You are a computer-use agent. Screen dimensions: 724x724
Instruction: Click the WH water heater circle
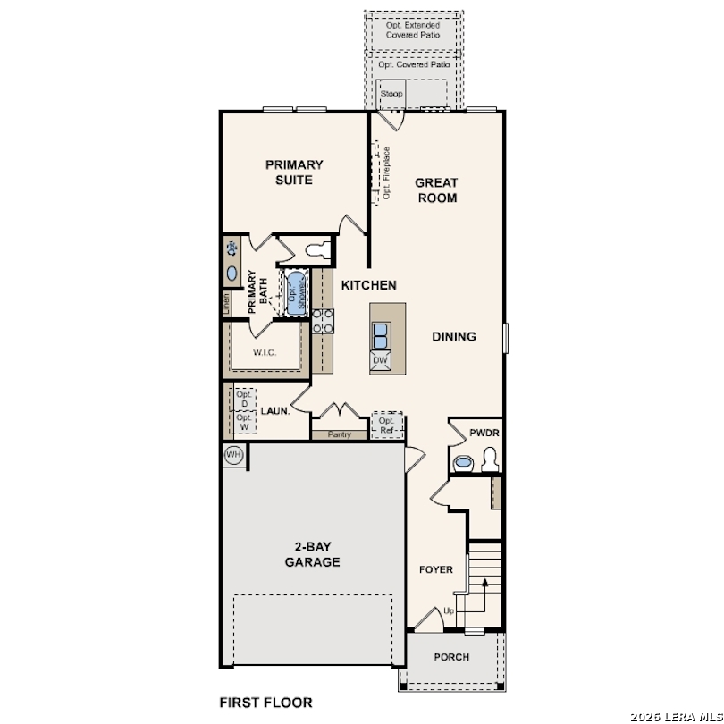click(x=233, y=455)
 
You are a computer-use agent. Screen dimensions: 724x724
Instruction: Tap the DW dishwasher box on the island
click(x=380, y=360)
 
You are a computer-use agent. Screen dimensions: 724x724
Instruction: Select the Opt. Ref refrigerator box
click(x=387, y=425)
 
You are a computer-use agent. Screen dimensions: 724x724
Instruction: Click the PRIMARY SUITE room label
click(x=294, y=173)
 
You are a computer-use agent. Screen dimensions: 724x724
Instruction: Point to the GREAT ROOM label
click(x=436, y=190)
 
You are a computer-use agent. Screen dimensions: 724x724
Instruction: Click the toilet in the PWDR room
click(x=489, y=460)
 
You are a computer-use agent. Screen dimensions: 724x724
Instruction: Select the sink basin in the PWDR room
click(x=463, y=462)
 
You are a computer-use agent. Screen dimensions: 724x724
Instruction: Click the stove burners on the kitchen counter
click(x=323, y=321)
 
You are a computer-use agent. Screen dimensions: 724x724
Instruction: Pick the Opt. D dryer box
click(x=245, y=400)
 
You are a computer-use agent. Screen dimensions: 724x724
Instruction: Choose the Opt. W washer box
click(x=245, y=422)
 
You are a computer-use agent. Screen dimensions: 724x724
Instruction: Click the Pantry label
click(x=340, y=434)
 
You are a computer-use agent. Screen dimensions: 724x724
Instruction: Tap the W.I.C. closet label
click(x=265, y=353)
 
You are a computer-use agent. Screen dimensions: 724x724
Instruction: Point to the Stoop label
click(x=391, y=94)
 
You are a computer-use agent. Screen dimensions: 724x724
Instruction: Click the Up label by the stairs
click(x=449, y=611)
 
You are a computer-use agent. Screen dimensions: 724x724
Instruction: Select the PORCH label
click(x=451, y=657)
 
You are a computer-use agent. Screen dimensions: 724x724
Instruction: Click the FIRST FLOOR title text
click(x=266, y=703)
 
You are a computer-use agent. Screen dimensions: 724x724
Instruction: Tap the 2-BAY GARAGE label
click(x=313, y=554)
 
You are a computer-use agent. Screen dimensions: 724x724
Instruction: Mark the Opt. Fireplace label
click(x=386, y=173)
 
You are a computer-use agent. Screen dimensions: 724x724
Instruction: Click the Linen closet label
click(x=226, y=304)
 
